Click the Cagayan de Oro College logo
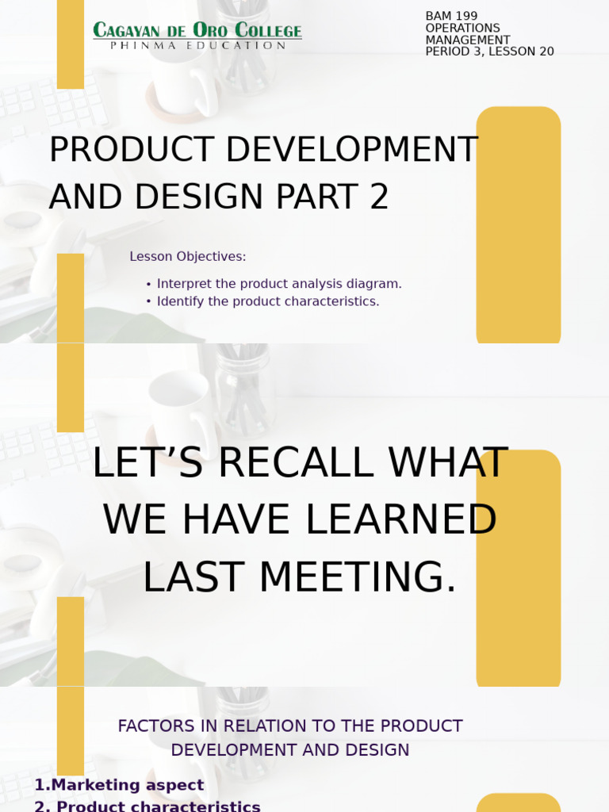click(197, 31)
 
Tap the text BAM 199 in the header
click(451, 16)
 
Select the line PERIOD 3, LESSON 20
click(489, 52)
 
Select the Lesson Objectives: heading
click(188, 257)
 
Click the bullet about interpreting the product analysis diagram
click(279, 284)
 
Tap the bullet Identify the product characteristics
click(268, 301)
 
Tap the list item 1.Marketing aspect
click(119, 785)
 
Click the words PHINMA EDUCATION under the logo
click(197, 46)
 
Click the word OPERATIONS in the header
click(462, 28)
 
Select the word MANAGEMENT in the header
click(468, 40)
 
